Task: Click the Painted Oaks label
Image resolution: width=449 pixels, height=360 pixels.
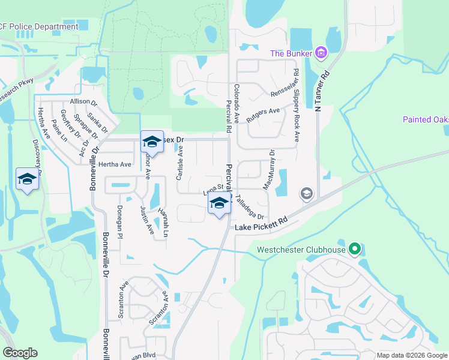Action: point(426,119)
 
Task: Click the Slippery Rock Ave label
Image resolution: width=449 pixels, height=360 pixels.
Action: point(296,104)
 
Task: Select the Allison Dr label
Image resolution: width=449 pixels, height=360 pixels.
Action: point(83,101)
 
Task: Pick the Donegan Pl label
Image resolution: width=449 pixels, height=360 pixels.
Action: point(119,221)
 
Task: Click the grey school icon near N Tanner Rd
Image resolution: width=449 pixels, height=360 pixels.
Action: point(306,193)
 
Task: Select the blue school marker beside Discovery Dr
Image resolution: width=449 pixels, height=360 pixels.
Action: point(27,179)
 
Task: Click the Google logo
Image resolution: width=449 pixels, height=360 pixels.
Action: point(20,353)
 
